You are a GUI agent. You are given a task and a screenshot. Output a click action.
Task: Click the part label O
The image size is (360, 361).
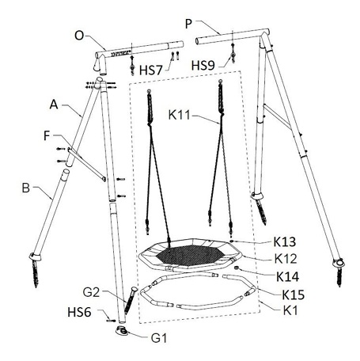(79, 36)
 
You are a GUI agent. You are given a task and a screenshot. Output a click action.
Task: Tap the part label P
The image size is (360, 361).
(188, 24)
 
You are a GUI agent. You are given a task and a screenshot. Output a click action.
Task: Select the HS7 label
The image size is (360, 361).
(150, 70)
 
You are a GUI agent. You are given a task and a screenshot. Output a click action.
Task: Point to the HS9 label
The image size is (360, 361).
(203, 65)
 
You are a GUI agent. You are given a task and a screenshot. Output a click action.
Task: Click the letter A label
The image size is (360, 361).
(54, 104)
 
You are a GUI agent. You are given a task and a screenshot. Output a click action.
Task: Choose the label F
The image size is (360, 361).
(47, 135)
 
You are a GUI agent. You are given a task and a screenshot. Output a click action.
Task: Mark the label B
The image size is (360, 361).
(25, 188)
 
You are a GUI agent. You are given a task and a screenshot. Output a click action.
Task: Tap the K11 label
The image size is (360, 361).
(180, 115)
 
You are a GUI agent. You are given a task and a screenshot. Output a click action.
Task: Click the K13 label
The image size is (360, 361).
(285, 241)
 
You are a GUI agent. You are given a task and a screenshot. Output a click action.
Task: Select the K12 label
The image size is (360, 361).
(286, 259)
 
